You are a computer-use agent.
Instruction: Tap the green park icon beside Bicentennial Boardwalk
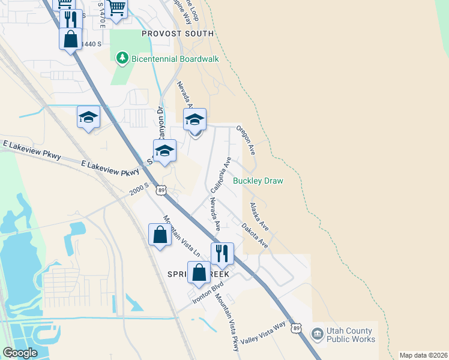tap(122, 58)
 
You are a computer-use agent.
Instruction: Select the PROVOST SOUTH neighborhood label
tap(178, 34)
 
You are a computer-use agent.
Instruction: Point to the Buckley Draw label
tap(258, 181)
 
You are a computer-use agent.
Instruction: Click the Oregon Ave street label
tap(246, 140)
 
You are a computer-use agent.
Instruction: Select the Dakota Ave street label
tap(255, 235)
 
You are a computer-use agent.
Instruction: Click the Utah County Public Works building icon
tap(316, 333)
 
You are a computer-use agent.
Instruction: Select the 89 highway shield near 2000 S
tap(160, 190)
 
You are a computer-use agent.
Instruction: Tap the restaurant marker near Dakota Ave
tap(222, 254)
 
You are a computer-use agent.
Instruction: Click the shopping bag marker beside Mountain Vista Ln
tap(160, 235)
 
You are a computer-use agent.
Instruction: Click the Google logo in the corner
tap(20, 353)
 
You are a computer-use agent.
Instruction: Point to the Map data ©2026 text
tap(423, 355)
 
